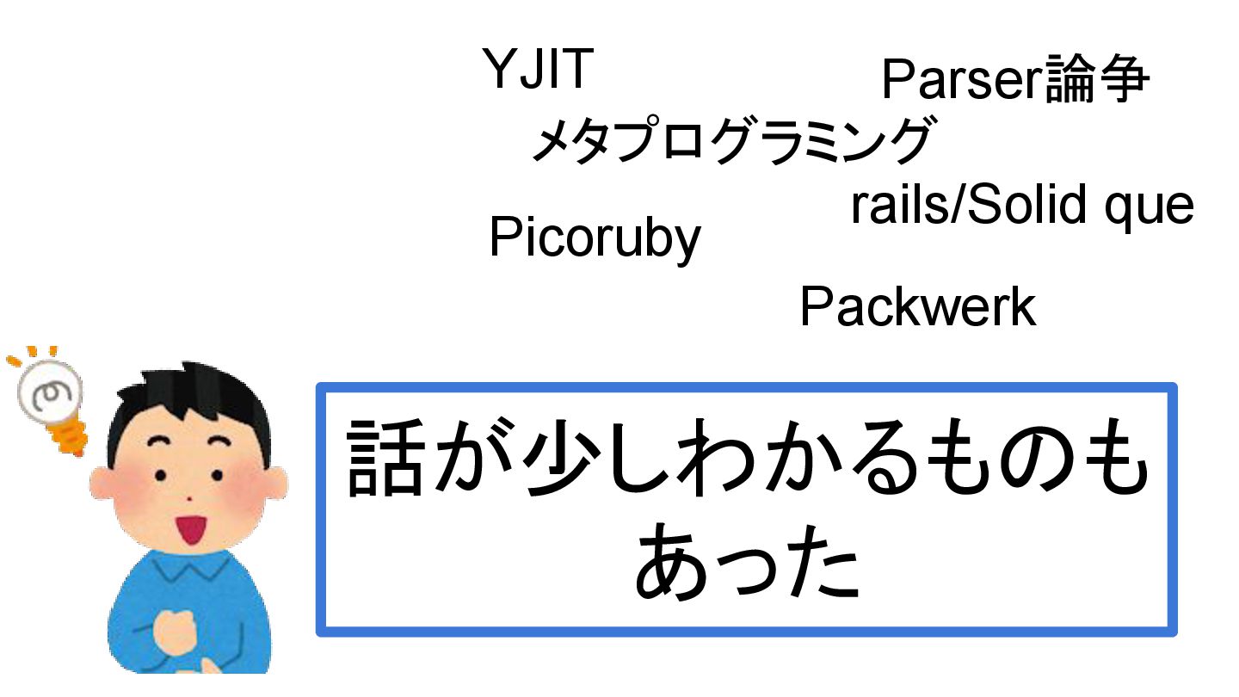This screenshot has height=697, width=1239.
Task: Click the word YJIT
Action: tap(538, 69)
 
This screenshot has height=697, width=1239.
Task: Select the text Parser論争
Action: tap(1015, 80)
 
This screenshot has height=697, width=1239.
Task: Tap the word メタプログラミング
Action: tap(730, 141)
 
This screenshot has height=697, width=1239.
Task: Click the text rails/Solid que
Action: tap(1022, 207)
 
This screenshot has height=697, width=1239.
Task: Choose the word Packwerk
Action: tap(917, 307)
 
